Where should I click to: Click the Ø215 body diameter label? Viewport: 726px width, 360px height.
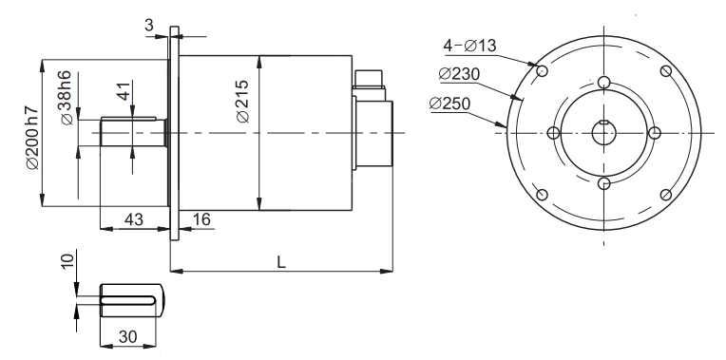point(242,102)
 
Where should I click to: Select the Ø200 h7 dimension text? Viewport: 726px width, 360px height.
point(32,138)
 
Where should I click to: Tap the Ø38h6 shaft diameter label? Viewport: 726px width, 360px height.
point(66,98)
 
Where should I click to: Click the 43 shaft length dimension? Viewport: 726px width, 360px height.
point(134,218)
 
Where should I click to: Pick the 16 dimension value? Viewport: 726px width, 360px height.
point(201,218)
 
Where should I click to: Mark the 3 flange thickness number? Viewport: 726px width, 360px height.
point(148,25)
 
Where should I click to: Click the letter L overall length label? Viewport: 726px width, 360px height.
point(281,262)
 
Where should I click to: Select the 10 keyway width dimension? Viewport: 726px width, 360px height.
point(67,261)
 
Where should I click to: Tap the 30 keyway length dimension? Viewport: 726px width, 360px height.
point(127,336)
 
